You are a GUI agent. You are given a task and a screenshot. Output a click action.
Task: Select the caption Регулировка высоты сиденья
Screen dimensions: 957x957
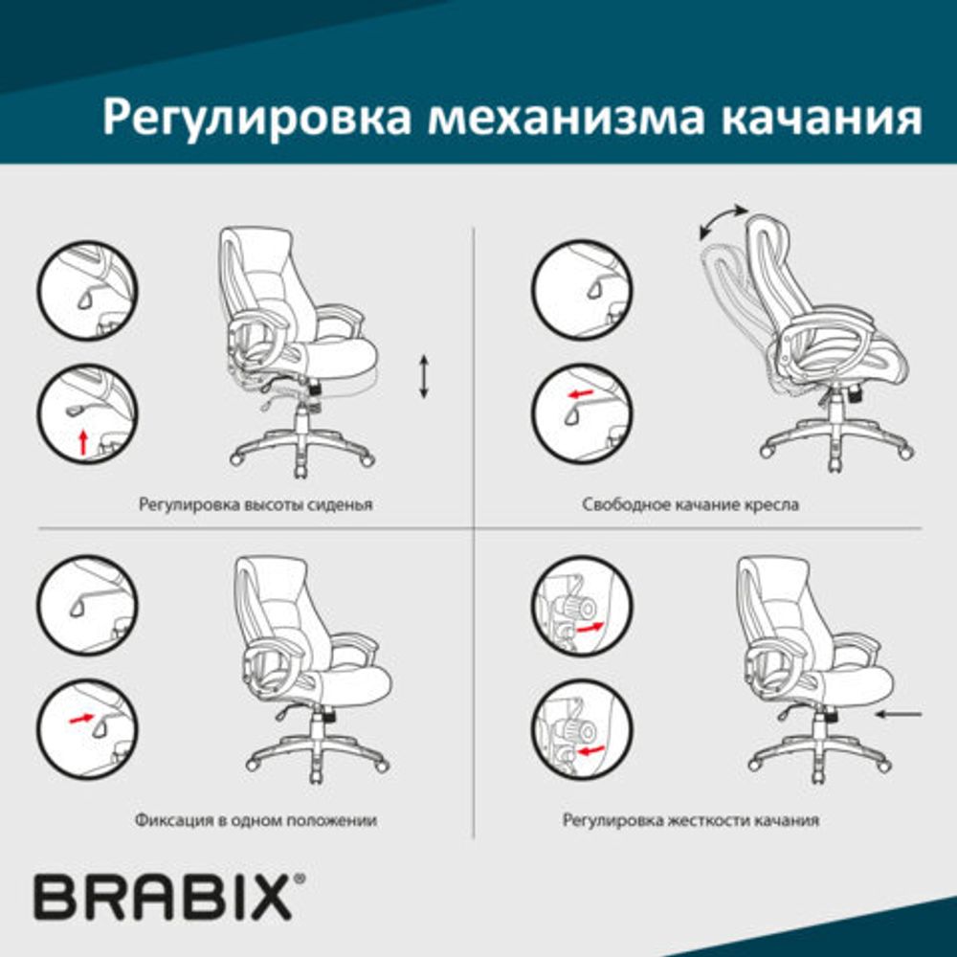tap(256, 503)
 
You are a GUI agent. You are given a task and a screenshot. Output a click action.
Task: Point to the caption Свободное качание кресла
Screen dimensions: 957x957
tap(690, 503)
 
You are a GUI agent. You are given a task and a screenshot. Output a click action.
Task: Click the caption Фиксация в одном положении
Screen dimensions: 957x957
tap(256, 820)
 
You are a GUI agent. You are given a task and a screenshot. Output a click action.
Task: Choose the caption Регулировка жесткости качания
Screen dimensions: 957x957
tap(690, 820)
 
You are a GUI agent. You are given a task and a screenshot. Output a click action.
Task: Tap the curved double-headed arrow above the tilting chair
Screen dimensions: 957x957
tap(723, 221)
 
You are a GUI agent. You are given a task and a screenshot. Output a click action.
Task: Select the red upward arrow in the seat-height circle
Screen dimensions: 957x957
tap(83, 441)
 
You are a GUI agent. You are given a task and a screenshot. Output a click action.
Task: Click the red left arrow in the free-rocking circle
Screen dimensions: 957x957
tap(579, 393)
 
